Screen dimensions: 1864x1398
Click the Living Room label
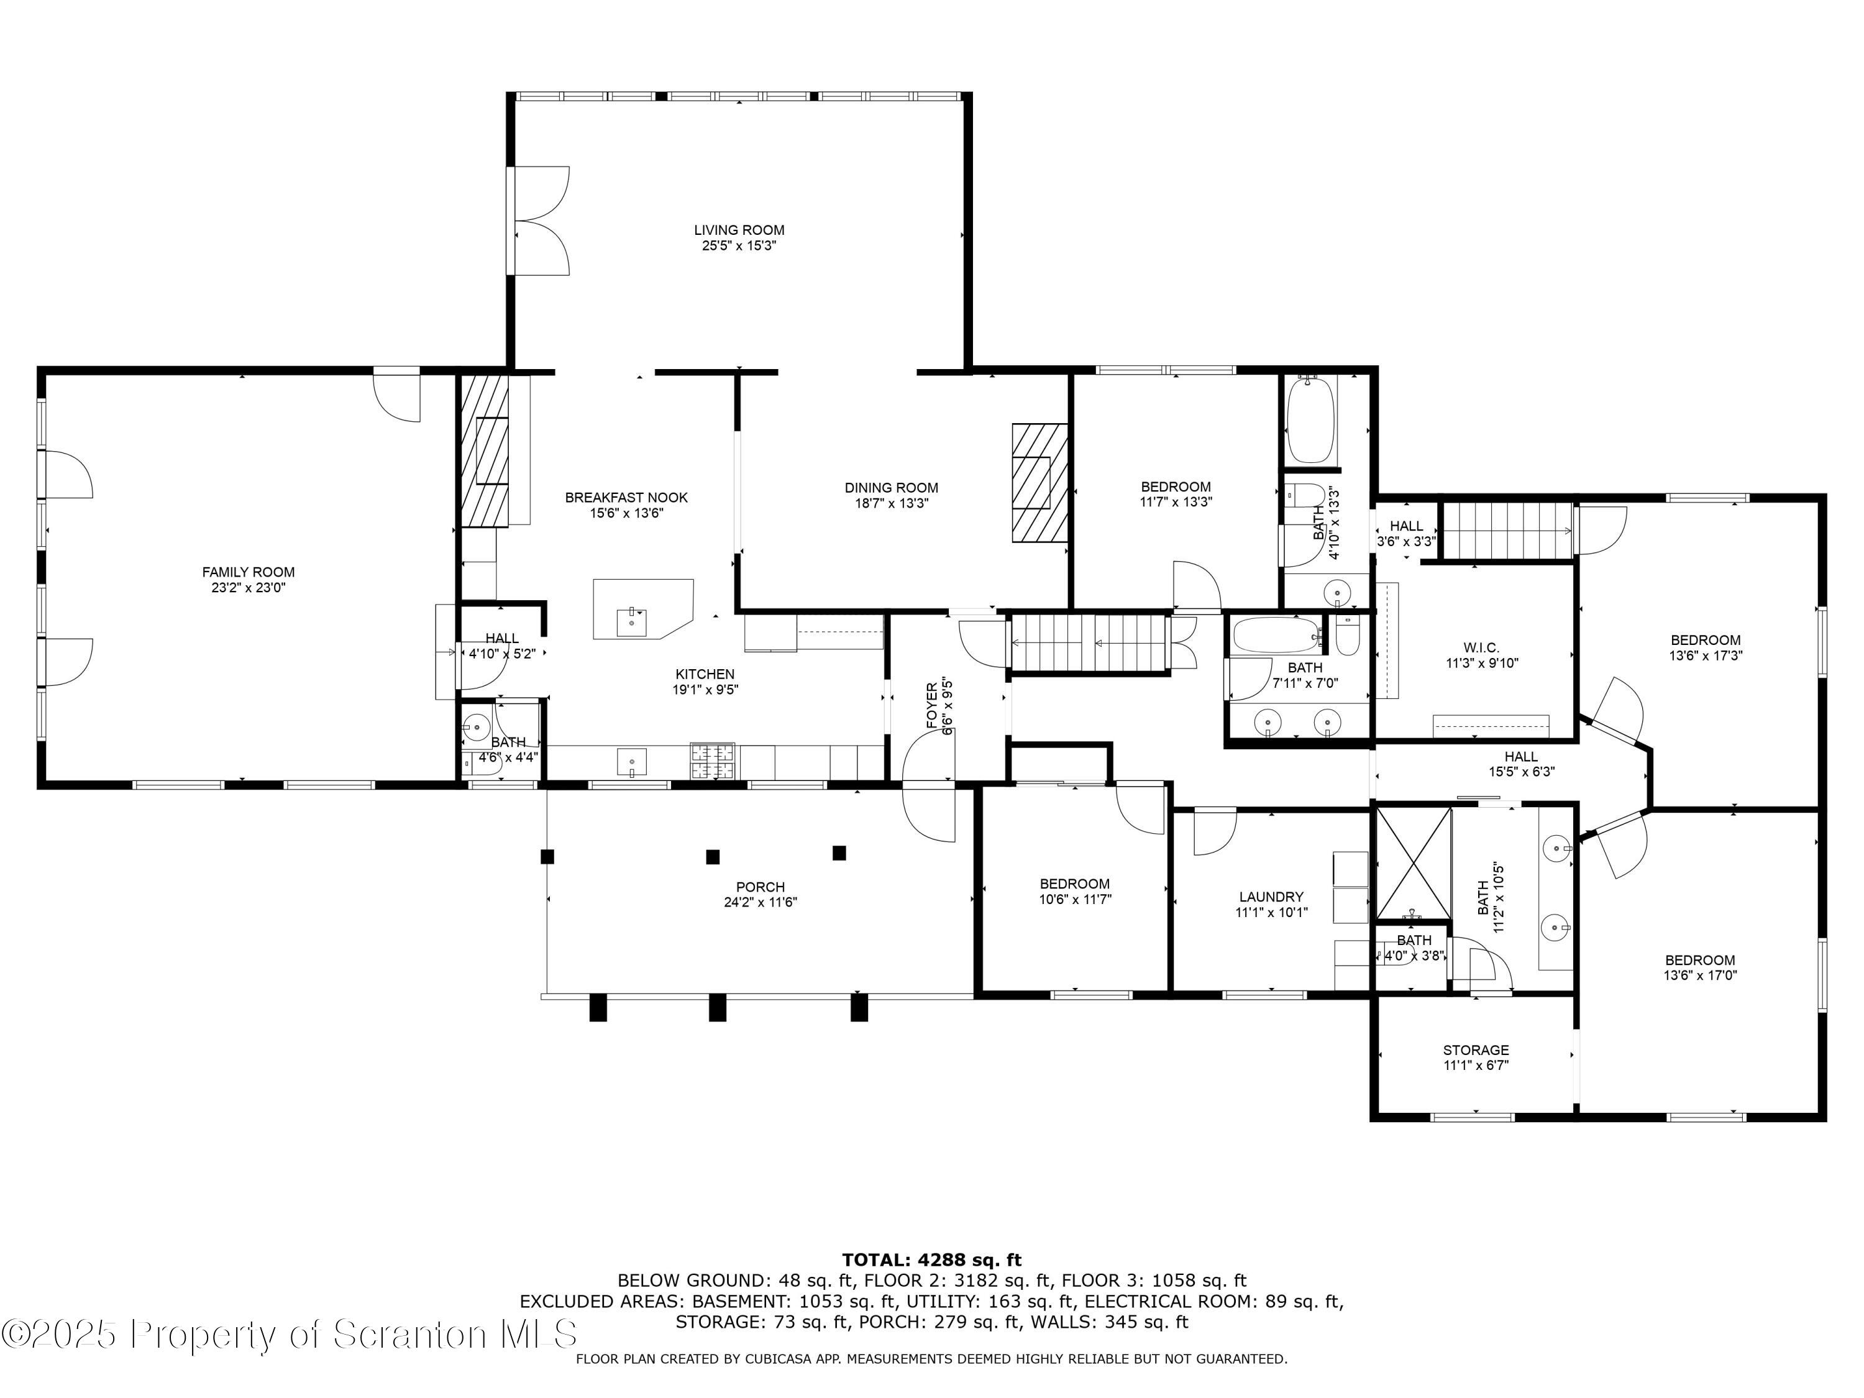739,230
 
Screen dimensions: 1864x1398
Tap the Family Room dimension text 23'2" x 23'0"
249,587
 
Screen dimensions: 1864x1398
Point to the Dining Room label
892,488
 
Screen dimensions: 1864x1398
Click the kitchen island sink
632,623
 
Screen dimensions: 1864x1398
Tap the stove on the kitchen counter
712,761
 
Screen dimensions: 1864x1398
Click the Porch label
760,887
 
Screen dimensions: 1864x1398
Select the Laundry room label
1272,897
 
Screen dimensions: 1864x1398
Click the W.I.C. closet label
1481,647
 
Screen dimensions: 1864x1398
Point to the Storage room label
1476,1050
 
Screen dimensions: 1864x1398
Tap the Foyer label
932,705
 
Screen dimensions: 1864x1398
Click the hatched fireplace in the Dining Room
1040,483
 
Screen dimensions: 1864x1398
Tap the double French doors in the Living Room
537,221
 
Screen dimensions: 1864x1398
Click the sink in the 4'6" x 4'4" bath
478,724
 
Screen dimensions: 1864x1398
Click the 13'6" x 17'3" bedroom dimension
1706,655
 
